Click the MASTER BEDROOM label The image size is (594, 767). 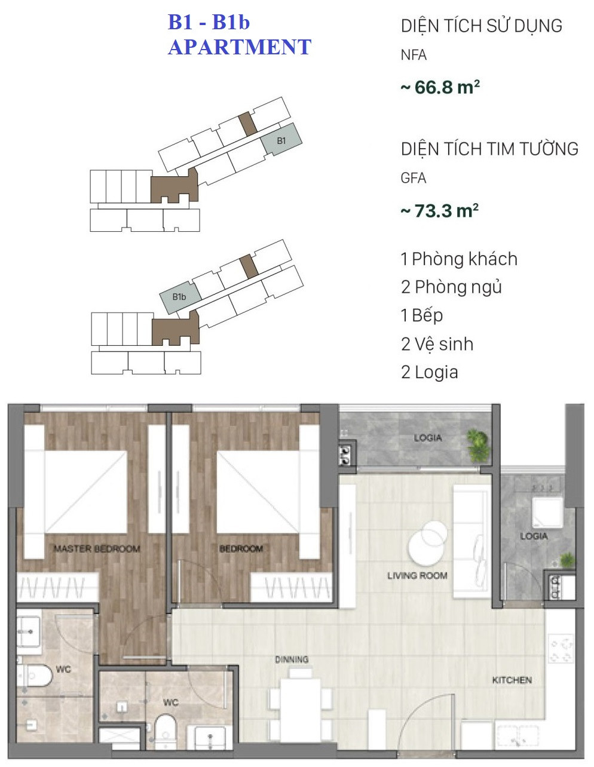[97, 548]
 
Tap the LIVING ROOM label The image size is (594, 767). [417, 576]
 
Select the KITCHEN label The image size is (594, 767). [512, 680]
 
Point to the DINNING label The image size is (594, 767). [292, 659]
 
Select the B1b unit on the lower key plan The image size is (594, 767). [180, 297]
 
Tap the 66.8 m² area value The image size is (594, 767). [440, 87]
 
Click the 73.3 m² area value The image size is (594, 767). [440, 210]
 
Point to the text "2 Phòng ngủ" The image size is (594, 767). [451, 287]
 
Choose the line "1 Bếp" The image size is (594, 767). [422, 315]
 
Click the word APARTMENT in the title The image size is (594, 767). [239, 47]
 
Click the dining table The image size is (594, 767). [301, 708]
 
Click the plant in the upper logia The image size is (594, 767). [478, 446]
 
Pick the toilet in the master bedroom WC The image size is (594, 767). [35, 676]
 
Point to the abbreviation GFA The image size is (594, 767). [414, 178]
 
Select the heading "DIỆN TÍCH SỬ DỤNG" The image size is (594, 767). [482, 26]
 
